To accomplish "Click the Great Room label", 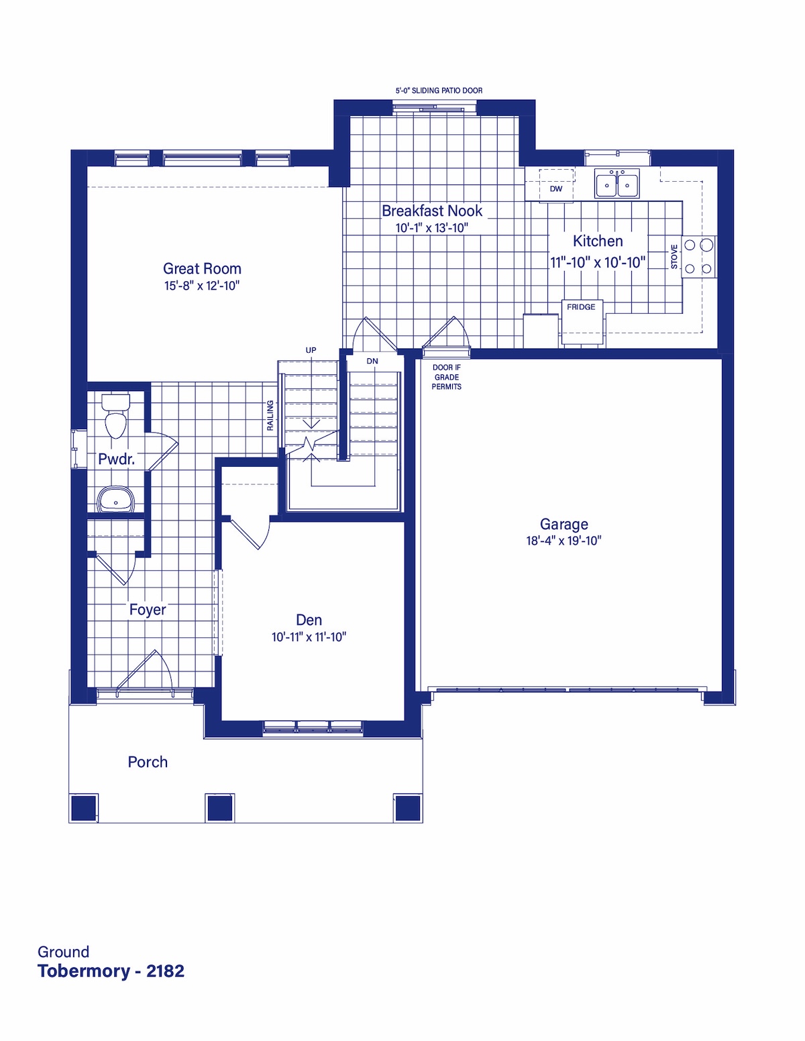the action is pos(202,268).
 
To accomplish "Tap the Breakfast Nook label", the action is pos(431,211).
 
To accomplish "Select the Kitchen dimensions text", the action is pos(598,262).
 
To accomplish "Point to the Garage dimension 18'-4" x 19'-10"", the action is pos(563,541).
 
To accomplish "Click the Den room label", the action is pos(309,620).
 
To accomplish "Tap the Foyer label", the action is pos(148,609).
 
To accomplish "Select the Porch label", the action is pos(148,762).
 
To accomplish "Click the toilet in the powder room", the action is pos(116,416).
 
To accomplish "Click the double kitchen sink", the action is pos(616,183).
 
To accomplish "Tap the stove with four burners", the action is pos(699,257).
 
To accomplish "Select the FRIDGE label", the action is pos(581,307).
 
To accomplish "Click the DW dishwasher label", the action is pos(556,188).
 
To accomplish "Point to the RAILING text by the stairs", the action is pos(270,415).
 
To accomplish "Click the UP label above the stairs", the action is pos(311,350).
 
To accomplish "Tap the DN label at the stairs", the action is pos(372,362).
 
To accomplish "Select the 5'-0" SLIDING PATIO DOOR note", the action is pos(439,91).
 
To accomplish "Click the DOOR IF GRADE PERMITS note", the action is pos(446,377).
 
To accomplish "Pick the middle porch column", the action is pos(220,807).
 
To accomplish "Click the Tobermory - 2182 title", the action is pos(111,971).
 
